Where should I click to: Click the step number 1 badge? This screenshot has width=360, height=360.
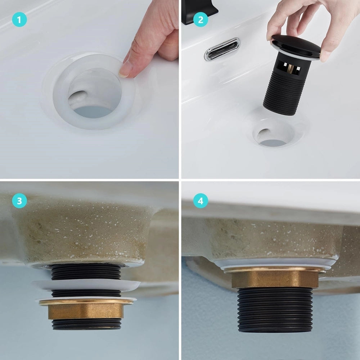(19, 19)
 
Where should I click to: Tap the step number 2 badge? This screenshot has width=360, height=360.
(201, 19)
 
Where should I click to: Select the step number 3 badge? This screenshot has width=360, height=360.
(19, 201)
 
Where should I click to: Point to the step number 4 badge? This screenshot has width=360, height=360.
(201, 201)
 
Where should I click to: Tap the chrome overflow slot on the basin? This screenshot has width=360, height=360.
(222, 49)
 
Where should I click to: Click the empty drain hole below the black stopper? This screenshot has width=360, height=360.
(273, 135)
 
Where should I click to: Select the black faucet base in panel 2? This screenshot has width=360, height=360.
(199, 12)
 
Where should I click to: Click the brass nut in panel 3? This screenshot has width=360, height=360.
(85, 309)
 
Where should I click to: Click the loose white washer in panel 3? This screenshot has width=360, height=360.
(86, 285)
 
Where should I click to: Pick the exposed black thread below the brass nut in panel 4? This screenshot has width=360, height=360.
(275, 310)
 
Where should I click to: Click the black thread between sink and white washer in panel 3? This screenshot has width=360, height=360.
(86, 272)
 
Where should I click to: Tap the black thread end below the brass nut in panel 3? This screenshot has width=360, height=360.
(86, 324)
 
